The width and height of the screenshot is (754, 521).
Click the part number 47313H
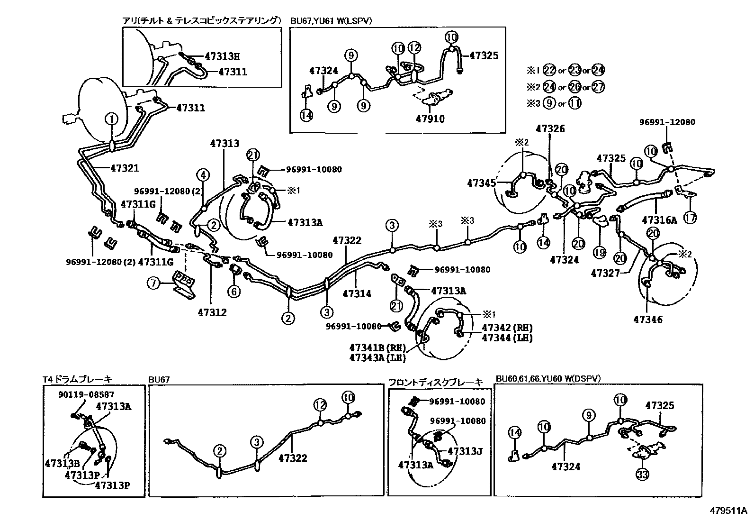222,56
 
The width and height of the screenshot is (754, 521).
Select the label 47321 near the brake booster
125,168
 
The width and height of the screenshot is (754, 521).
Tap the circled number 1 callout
112,119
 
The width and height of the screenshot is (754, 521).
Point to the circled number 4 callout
203,175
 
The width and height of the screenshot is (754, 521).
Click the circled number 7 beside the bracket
153,284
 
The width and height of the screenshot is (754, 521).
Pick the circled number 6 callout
234,291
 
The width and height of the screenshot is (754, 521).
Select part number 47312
212,312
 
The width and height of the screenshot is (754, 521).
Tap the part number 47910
430,119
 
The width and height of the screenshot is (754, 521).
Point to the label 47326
550,129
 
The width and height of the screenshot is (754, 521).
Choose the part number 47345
482,183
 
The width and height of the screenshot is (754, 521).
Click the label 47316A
660,219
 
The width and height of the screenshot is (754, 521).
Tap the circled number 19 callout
600,253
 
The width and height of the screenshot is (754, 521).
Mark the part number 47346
648,320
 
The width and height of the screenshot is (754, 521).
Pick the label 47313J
465,451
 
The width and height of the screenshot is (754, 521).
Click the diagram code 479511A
728,511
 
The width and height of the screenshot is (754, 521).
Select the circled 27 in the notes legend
598,87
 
